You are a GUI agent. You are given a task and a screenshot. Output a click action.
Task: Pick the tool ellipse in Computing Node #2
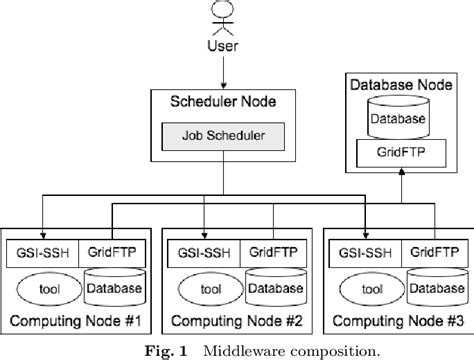(208, 289)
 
